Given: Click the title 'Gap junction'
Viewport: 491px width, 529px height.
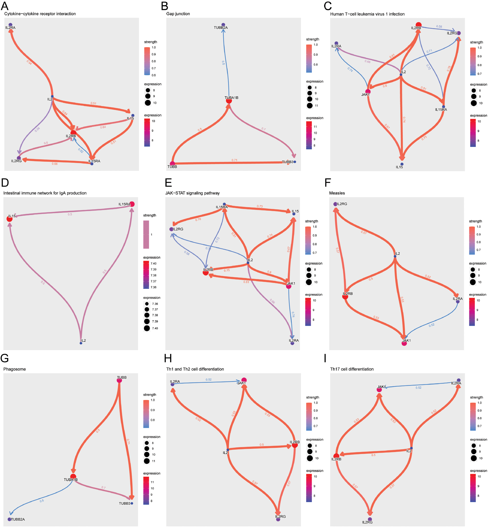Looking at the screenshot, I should pos(178,14).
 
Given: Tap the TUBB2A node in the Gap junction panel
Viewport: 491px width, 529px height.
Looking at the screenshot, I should pos(223,25).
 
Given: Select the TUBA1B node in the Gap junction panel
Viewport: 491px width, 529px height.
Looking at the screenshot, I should pos(229,101).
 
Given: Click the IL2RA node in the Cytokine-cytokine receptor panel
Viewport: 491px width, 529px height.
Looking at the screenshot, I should pos(10,25).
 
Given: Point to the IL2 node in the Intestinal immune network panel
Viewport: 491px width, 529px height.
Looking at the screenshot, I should pos(81,343).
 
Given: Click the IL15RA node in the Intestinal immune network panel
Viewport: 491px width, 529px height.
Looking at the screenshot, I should pos(132,204).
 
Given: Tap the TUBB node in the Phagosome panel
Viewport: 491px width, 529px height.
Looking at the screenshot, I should pos(119,380).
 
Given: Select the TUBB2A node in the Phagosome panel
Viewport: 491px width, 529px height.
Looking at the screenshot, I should pos(10,519).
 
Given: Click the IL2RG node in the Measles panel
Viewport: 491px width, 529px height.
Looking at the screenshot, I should pos(335,204).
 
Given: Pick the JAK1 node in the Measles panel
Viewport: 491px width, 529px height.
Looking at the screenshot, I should pos(404,343).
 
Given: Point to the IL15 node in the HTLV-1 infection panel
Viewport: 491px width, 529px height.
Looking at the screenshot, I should pos(402,164).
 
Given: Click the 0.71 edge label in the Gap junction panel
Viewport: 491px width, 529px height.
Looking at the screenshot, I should pos(234,160).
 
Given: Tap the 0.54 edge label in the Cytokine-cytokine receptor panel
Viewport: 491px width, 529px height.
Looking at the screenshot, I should pos(29,62).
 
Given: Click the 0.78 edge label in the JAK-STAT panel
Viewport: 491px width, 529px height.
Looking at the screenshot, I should pos(198,219).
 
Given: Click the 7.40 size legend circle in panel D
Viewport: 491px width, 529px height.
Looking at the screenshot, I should pos(147,328).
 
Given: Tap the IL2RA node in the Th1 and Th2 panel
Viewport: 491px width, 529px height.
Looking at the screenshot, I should pos(172,384).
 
